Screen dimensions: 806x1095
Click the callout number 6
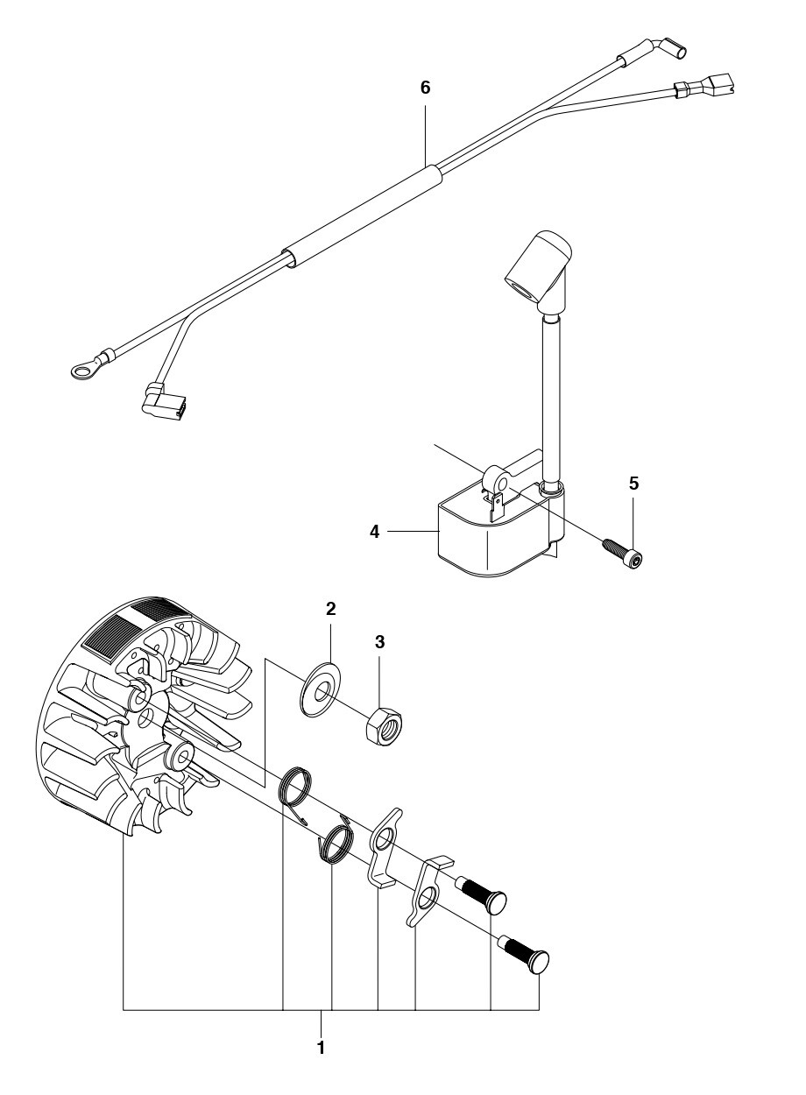tap(425, 88)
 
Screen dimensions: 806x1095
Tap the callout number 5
tap(633, 484)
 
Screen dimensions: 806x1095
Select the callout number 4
tap(375, 532)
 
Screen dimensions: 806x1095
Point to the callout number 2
tap(331, 609)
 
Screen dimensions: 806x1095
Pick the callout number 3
tap(379, 642)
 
